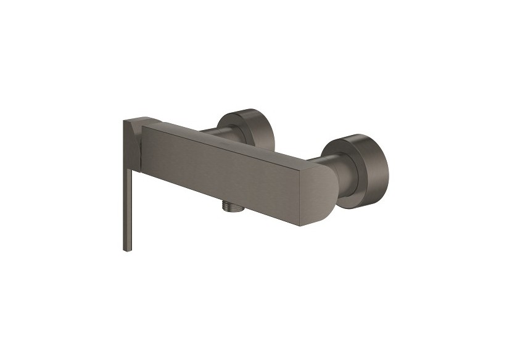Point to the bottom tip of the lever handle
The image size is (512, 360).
point(127,249)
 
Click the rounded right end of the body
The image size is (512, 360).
point(327,191)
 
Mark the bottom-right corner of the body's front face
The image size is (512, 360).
point(300,225)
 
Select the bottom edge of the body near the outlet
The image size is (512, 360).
point(247,206)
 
